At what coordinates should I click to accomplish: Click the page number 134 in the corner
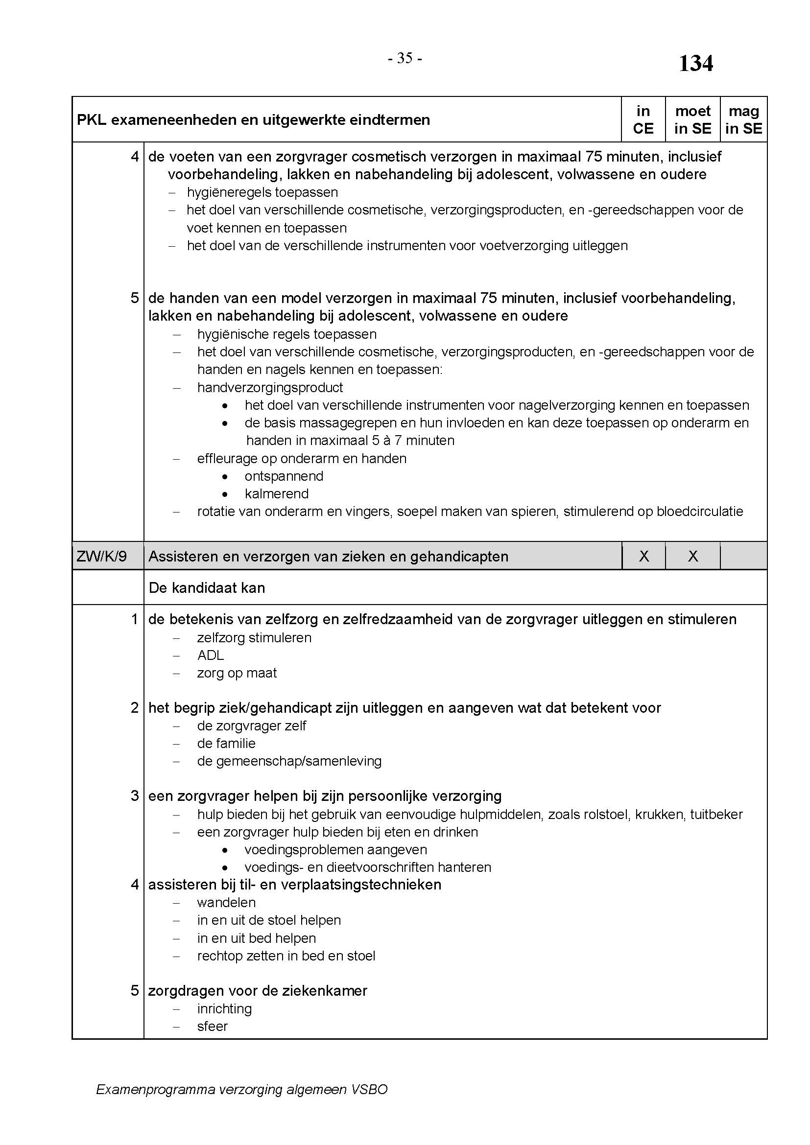pyautogui.click(x=696, y=64)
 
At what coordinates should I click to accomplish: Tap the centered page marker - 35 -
pyautogui.click(x=405, y=58)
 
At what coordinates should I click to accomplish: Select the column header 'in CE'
pyautogui.click(x=643, y=119)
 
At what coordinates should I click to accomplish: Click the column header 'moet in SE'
pyautogui.click(x=692, y=119)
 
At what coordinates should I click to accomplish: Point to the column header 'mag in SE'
pyautogui.click(x=743, y=119)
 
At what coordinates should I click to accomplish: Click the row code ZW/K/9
pyautogui.click(x=102, y=556)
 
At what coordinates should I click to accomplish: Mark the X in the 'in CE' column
pyautogui.click(x=644, y=556)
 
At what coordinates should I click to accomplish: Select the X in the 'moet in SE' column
pyautogui.click(x=693, y=556)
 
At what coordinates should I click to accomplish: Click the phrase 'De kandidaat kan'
pyautogui.click(x=207, y=587)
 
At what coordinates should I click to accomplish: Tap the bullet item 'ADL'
pyautogui.click(x=211, y=655)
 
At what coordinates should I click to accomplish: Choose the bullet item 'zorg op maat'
pyautogui.click(x=237, y=673)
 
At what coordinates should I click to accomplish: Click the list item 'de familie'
pyautogui.click(x=226, y=743)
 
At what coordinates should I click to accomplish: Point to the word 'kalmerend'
pyautogui.click(x=276, y=494)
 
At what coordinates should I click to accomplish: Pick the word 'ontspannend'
pyautogui.click(x=284, y=476)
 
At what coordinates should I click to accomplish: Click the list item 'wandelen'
pyautogui.click(x=226, y=902)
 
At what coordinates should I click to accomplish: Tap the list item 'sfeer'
pyautogui.click(x=213, y=1027)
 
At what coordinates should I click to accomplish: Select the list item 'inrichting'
pyautogui.click(x=224, y=1008)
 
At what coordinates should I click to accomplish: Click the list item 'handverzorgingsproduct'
pyautogui.click(x=270, y=388)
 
